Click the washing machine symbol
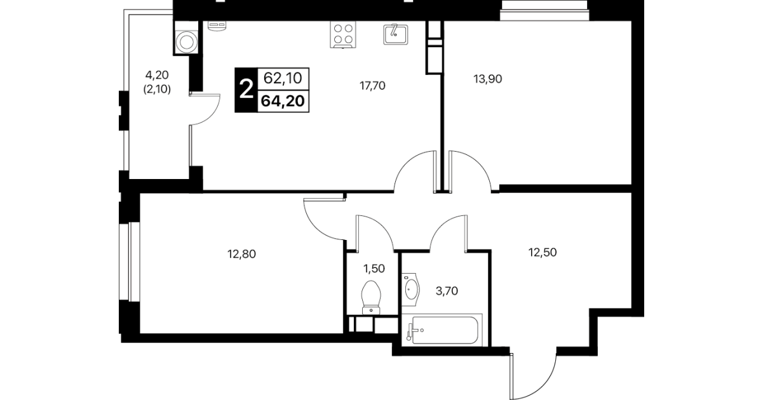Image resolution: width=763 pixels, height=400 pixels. click(x=186, y=42)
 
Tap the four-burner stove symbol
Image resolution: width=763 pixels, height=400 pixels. click(x=342, y=34)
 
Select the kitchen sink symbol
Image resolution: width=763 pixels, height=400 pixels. click(x=395, y=34)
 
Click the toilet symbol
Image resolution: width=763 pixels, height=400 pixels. click(x=371, y=297)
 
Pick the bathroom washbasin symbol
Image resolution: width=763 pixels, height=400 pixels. click(x=410, y=289)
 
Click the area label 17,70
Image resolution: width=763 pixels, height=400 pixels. click(x=372, y=86)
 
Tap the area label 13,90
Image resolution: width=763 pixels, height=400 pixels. click(x=488, y=79)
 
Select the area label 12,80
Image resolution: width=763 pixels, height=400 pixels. click(x=241, y=254)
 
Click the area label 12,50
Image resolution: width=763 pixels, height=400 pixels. click(x=543, y=252)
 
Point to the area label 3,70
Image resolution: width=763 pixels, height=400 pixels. click(x=447, y=291)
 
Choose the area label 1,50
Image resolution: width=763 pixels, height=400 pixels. click(x=374, y=269)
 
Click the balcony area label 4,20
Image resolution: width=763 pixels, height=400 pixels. click(x=157, y=74)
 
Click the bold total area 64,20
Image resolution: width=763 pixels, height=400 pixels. click(x=283, y=101)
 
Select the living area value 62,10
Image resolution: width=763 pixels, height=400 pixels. click(x=283, y=78)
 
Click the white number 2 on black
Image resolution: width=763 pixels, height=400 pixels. click(x=246, y=90)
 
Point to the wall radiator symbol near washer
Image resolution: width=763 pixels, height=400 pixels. click(x=217, y=25)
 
